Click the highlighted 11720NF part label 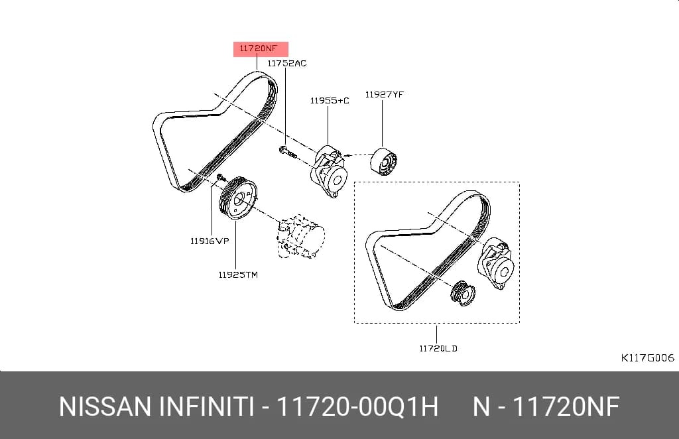point(258,48)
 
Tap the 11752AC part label point(286,63)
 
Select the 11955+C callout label point(330,100)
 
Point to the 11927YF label point(385,94)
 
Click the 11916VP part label point(210,241)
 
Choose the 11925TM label point(238,275)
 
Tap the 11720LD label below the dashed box point(438,348)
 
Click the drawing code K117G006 point(647,357)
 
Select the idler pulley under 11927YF point(384,162)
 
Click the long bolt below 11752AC point(288,152)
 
